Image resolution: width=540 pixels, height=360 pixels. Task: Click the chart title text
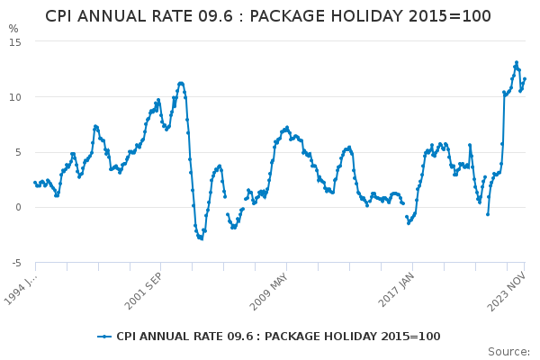268,16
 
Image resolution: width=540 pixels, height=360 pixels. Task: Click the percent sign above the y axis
13,29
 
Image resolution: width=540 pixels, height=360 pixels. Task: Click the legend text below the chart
278,337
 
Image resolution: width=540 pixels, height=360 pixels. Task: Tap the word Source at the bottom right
508,351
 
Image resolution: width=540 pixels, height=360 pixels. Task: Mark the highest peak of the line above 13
517,62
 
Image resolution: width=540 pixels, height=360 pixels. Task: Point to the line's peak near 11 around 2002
181,83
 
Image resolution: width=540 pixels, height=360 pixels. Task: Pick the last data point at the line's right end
525,78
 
